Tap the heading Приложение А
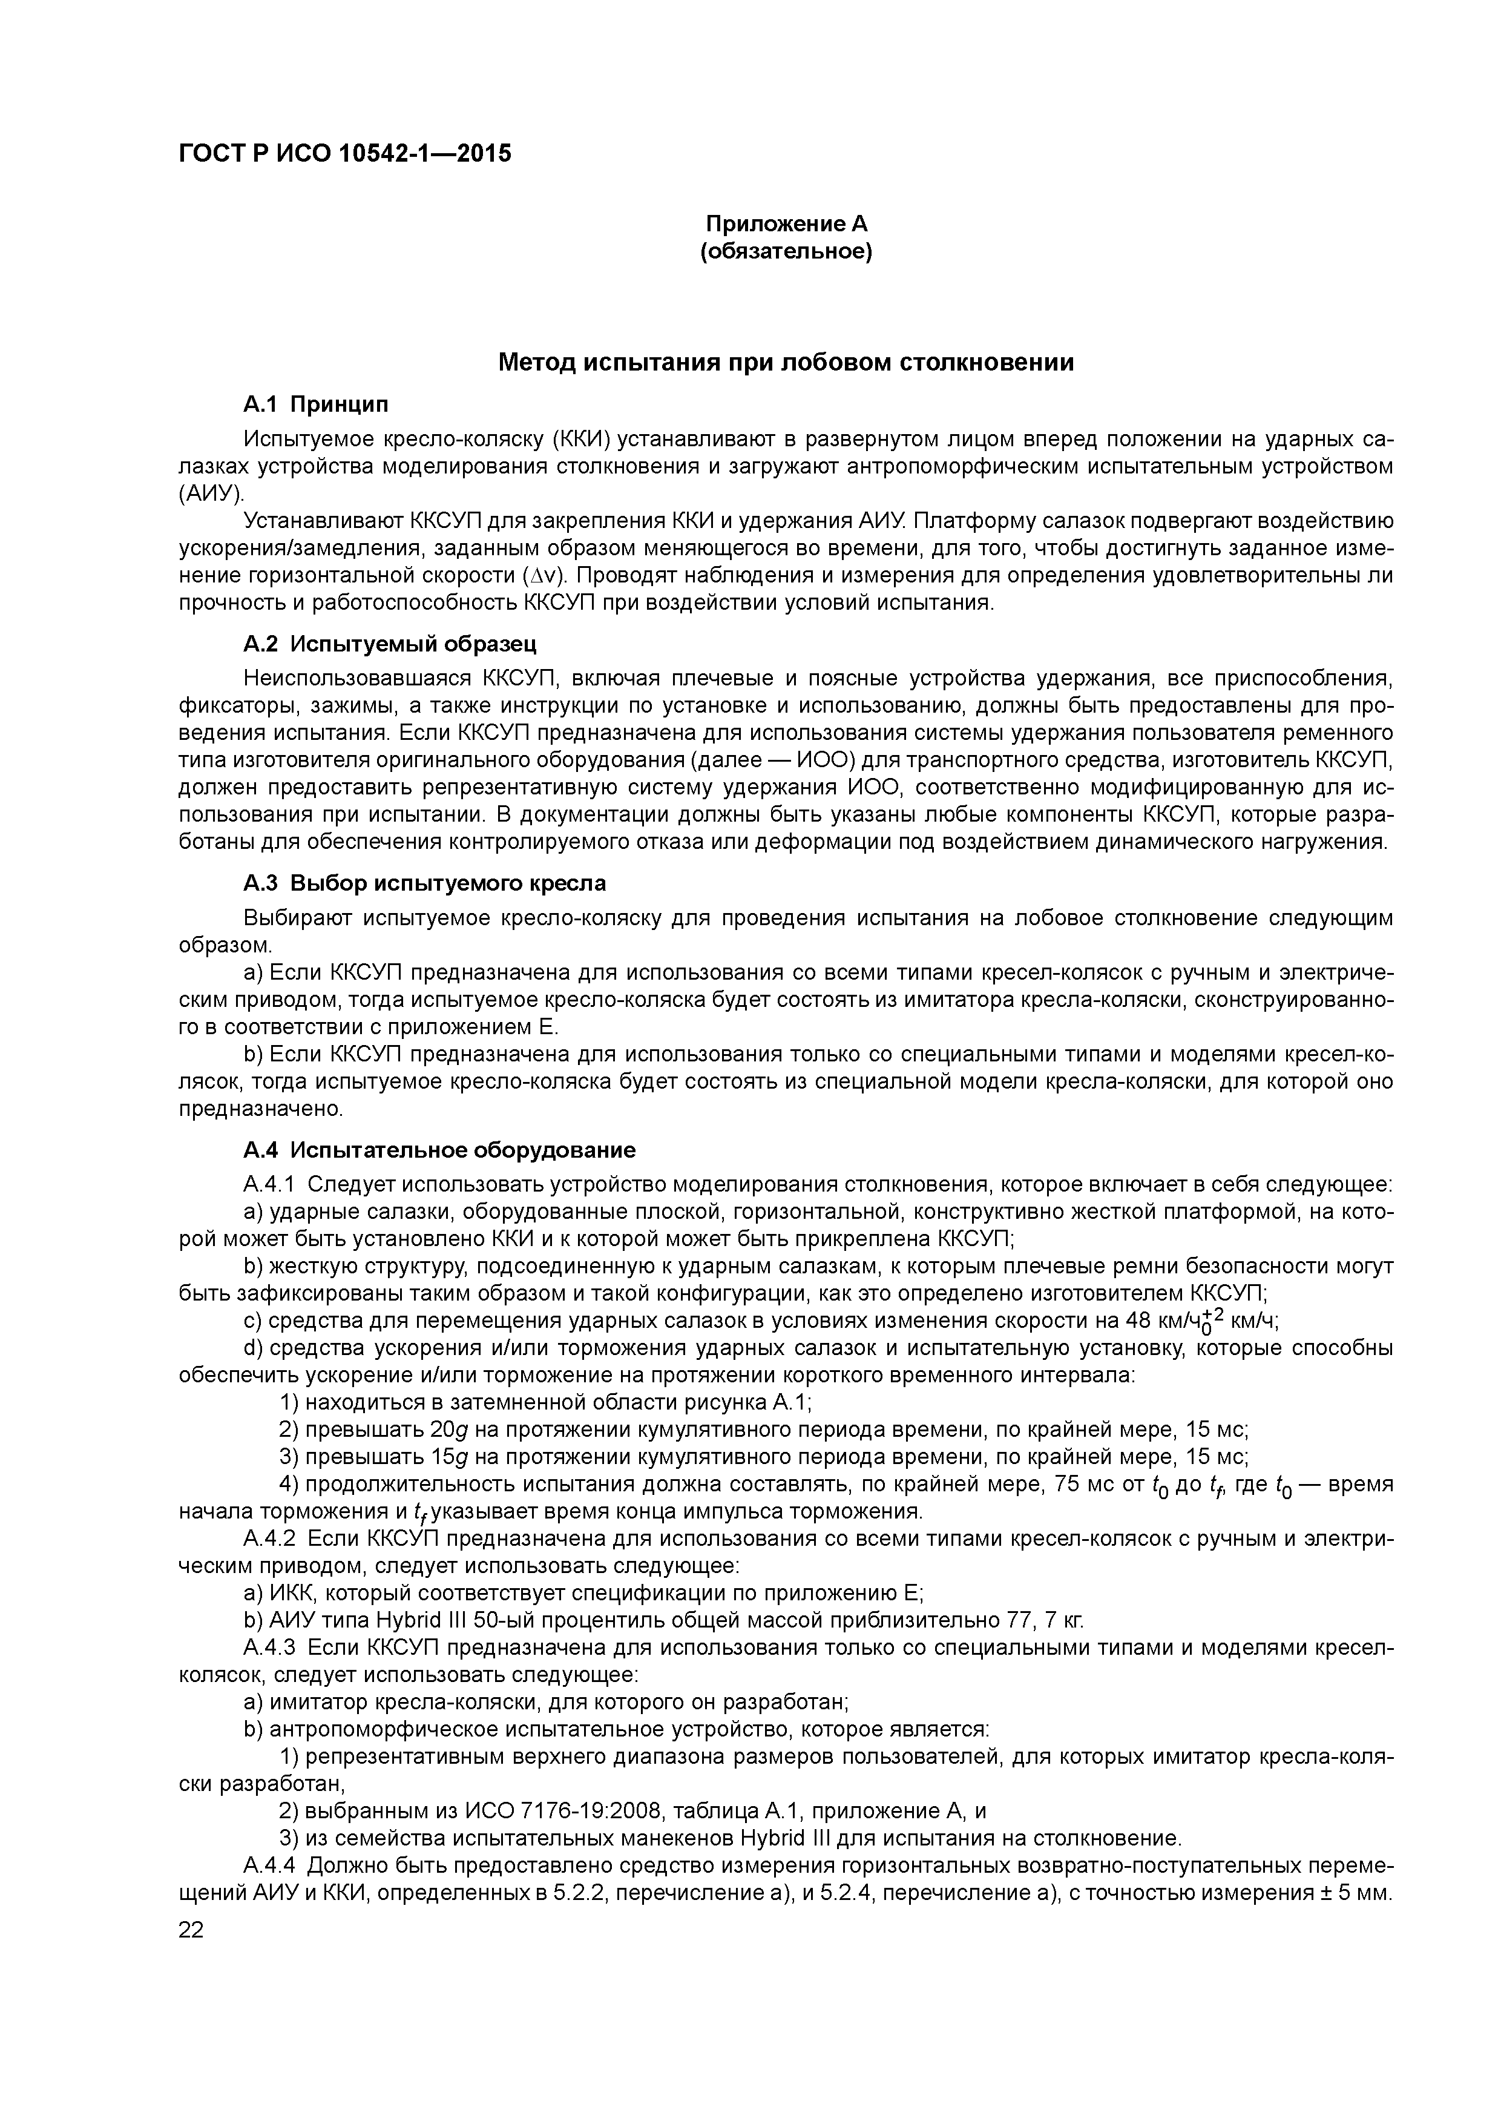point(786,224)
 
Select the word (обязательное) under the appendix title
point(786,252)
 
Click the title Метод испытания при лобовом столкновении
point(786,363)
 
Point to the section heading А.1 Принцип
point(315,404)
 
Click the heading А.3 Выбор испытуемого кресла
point(424,883)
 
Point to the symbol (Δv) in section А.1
point(542,575)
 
